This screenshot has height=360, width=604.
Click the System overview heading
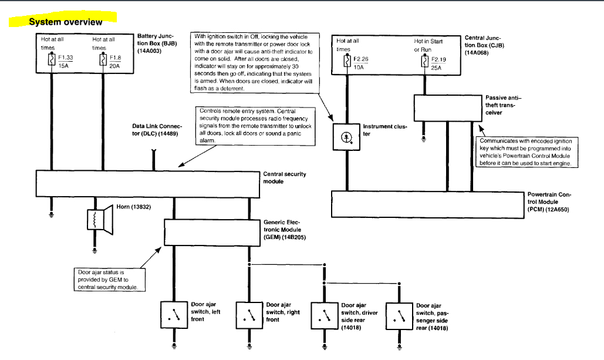(65, 22)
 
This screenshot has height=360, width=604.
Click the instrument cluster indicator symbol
(346, 137)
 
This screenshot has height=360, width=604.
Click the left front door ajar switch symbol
(174, 315)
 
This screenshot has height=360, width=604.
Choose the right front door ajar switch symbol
(249, 315)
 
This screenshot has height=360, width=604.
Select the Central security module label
(285, 177)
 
